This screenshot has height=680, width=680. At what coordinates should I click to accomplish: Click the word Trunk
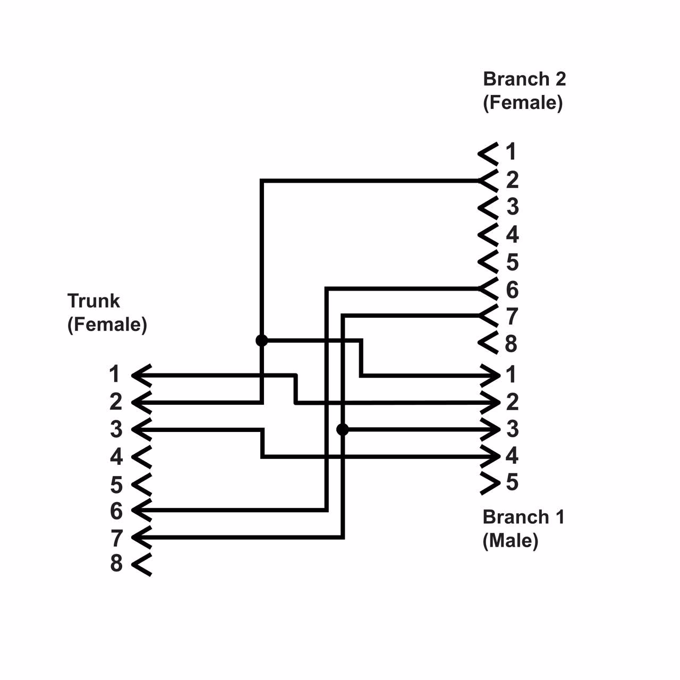point(93,301)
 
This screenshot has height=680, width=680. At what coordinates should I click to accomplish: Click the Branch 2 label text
point(524,79)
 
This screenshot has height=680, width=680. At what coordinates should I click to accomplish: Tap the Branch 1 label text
point(523,517)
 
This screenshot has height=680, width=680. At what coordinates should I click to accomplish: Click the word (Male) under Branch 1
point(510,540)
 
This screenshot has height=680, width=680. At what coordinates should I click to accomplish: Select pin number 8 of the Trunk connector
point(116,563)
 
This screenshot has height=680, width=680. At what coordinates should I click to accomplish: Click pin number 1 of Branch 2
point(511,152)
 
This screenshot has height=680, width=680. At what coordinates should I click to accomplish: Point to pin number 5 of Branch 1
point(512,482)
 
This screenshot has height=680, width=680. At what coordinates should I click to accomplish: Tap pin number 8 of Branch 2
point(511,344)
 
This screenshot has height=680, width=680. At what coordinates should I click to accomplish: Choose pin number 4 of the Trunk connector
point(116,456)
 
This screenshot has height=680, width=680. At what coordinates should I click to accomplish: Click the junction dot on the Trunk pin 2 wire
point(262,341)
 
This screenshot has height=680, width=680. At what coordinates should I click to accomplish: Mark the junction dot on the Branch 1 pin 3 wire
point(343,429)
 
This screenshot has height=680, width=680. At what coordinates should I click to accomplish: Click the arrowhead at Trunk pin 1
point(141,375)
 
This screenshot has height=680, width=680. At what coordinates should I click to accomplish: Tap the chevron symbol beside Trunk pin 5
point(141,484)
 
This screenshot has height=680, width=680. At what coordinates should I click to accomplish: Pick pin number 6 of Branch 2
point(512,290)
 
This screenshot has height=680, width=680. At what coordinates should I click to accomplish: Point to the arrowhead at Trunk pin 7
point(141,538)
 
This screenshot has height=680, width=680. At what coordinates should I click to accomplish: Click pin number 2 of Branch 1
point(512,402)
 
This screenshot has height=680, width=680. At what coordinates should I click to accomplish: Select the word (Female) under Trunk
point(107,324)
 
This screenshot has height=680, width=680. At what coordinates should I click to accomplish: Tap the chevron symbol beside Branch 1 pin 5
point(490,483)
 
